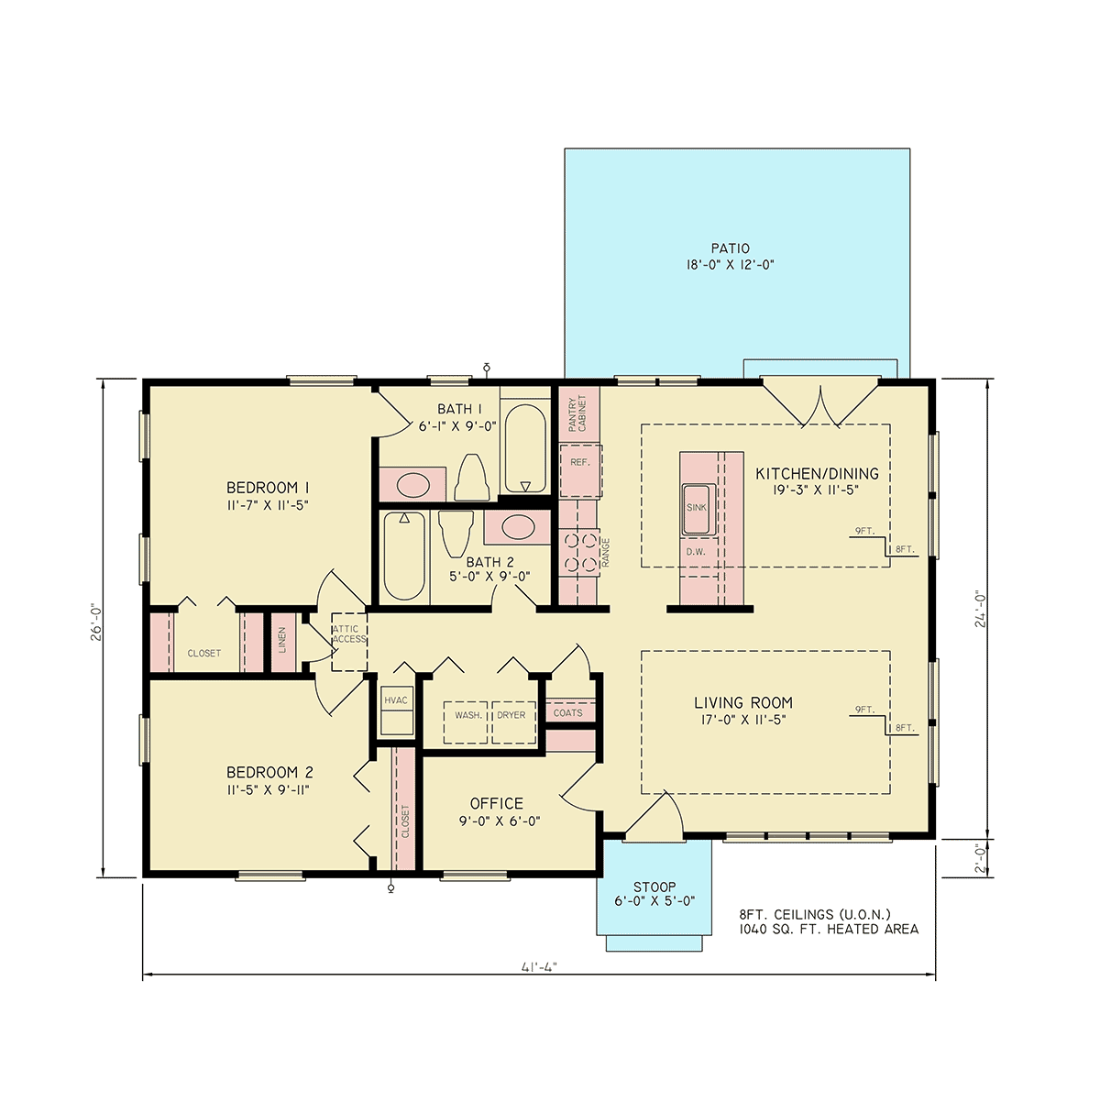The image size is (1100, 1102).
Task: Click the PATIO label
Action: click(x=730, y=248)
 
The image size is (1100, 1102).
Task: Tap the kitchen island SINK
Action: click(x=698, y=509)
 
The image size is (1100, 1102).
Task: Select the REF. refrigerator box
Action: click(x=580, y=470)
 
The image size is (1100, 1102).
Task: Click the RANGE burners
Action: click(x=580, y=553)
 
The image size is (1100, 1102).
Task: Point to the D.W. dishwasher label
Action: click(x=696, y=552)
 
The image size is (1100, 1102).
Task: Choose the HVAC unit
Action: click(x=396, y=710)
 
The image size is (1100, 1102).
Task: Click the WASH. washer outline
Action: click(x=466, y=722)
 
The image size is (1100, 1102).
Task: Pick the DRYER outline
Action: click(x=513, y=722)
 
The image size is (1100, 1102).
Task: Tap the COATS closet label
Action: click(x=568, y=713)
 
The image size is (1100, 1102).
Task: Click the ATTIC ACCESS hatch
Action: click(x=349, y=642)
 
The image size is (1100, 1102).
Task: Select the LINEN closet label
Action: click(x=282, y=641)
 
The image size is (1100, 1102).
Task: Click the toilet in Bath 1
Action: click(x=472, y=478)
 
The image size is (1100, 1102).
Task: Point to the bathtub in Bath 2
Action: click(x=404, y=556)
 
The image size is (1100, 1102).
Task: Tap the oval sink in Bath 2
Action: click(x=518, y=526)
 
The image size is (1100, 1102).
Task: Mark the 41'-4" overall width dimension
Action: click(x=539, y=983)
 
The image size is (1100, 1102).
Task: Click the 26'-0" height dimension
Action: click(x=96, y=623)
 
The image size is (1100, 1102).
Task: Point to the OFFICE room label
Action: click(x=497, y=803)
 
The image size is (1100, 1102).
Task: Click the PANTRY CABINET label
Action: click(x=577, y=413)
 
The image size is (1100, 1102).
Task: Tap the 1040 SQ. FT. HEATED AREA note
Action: click(x=829, y=930)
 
